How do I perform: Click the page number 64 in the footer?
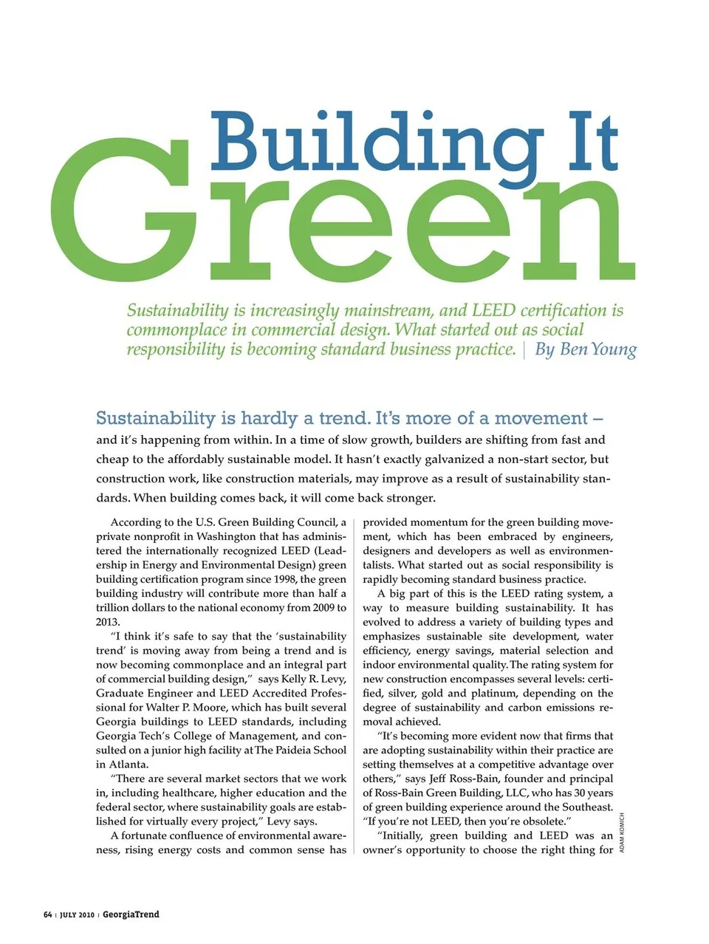(47, 914)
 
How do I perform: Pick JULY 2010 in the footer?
(76, 915)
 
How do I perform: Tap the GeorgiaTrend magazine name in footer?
(131, 914)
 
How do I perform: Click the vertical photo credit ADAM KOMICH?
(622, 833)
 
